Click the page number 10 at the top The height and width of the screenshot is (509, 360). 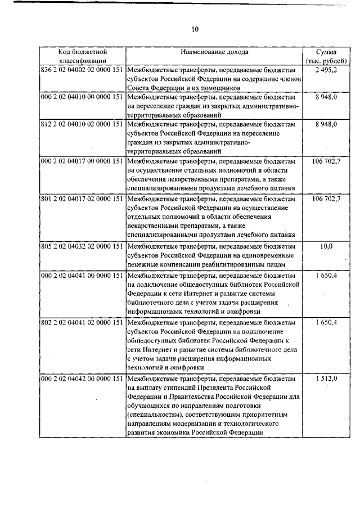coord(195,29)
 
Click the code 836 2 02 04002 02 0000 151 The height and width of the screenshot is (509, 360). coord(82,70)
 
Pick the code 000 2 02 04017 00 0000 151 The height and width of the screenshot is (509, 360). coord(82,161)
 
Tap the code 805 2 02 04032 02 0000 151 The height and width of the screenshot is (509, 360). coord(82,246)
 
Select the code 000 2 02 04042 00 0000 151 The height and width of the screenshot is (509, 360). coord(82,379)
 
